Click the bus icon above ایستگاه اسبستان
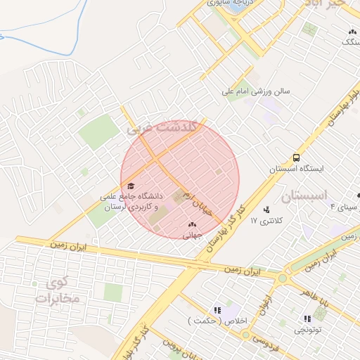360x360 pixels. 296,157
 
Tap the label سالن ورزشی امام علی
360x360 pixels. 256,91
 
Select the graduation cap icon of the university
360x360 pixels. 111,186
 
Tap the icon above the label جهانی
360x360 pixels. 192,224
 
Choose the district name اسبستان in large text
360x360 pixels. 305,198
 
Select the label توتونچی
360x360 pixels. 307,329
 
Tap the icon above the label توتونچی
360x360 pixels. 307,318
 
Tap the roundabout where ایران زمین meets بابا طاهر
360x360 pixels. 283,278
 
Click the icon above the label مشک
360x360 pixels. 351,31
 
